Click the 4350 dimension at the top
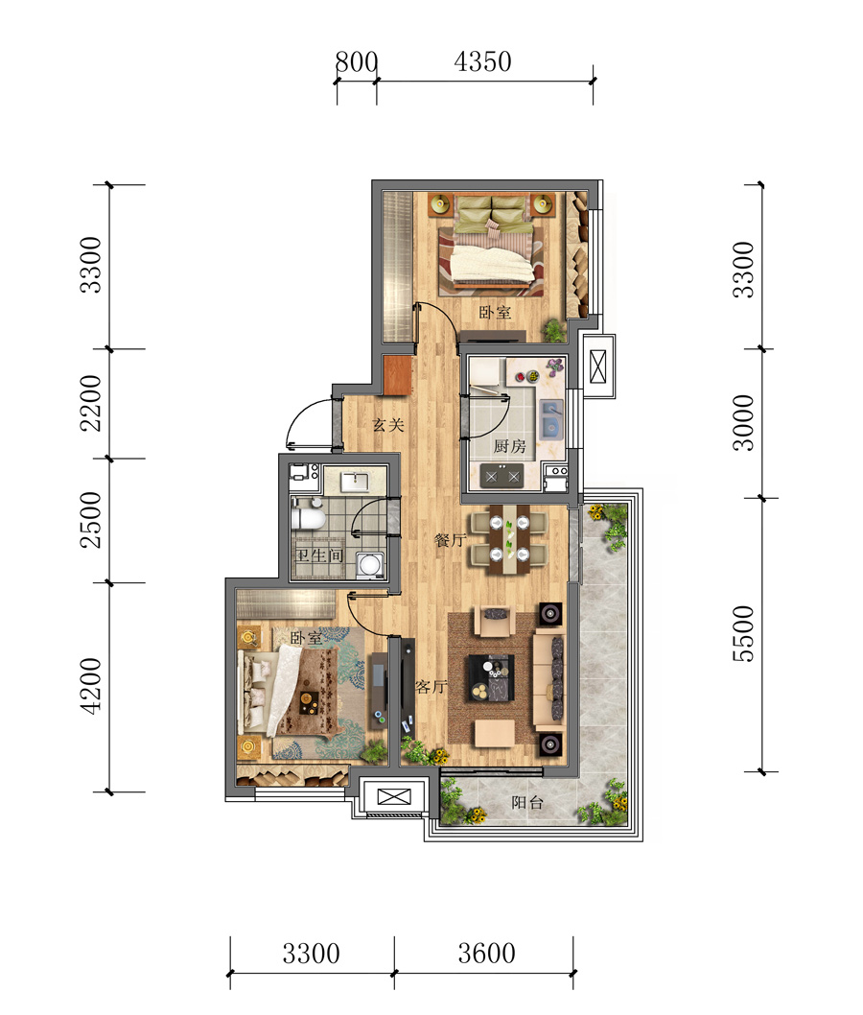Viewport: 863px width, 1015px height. click(482, 62)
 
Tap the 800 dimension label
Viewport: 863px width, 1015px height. click(357, 62)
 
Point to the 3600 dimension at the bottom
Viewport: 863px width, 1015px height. click(486, 953)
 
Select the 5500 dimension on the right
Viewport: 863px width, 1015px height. click(743, 634)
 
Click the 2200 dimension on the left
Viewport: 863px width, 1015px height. click(90, 403)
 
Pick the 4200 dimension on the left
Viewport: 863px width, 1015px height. click(90, 686)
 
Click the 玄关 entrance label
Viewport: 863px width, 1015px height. click(388, 425)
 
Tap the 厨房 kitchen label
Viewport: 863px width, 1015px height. click(510, 446)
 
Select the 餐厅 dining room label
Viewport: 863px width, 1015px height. click(451, 539)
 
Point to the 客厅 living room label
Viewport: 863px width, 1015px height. click(431, 686)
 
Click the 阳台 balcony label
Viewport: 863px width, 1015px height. click(526, 803)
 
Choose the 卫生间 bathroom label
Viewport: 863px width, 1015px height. click(319, 555)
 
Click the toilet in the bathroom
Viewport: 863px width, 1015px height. click(308, 515)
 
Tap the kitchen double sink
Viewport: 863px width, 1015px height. click(551, 418)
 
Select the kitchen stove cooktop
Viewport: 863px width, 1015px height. click(502, 477)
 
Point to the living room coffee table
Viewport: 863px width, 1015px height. click(491, 677)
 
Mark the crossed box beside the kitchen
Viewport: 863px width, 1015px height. click(598, 366)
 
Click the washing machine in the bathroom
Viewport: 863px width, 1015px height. click(370, 564)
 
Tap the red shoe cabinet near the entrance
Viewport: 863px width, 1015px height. click(397, 375)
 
